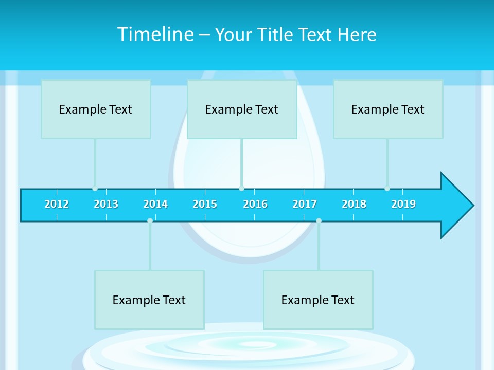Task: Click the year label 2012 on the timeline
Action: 57,204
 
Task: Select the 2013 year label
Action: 106,204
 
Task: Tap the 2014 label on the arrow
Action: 155,204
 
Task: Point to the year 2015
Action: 205,204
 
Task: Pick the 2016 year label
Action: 255,204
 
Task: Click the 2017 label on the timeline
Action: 305,204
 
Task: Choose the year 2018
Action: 354,204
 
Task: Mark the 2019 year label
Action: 403,204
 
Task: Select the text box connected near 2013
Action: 96,109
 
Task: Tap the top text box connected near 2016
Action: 242,109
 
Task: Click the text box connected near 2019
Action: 388,109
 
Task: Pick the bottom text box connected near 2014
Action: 149,300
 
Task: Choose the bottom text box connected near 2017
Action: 318,300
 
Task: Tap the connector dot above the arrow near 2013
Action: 95,188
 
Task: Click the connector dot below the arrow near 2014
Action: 150,220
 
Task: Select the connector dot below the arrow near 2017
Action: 319,220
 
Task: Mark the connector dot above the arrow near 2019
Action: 387,188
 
